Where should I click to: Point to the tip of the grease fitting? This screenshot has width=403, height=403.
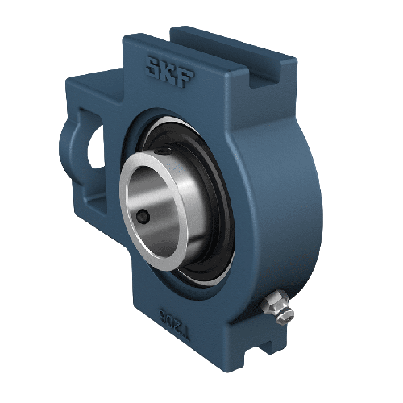[x=287, y=314]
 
